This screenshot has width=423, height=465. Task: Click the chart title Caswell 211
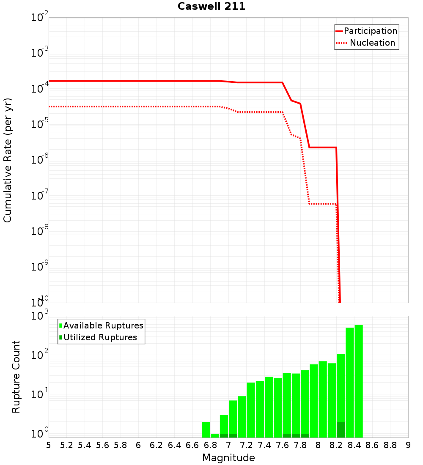click(x=211, y=7)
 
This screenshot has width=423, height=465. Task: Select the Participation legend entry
click(x=370, y=31)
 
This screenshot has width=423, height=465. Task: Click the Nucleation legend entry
click(x=372, y=43)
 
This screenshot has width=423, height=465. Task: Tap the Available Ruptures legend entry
click(x=103, y=325)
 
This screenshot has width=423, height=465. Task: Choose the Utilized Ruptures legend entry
click(x=100, y=337)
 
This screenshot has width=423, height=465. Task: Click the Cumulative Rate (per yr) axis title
click(x=8, y=160)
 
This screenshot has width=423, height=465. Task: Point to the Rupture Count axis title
click(x=16, y=377)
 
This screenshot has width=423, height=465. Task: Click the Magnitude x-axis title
click(x=228, y=458)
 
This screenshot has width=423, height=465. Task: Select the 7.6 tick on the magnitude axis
click(x=282, y=445)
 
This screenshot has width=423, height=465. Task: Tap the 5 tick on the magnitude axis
click(x=49, y=445)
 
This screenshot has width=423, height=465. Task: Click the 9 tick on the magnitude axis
click(x=408, y=445)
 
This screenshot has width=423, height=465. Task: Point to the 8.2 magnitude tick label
click(x=336, y=445)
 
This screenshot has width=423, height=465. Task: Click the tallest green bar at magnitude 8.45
click(x=359, y=380)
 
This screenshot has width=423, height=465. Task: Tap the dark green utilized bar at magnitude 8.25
click(x=341, y=429)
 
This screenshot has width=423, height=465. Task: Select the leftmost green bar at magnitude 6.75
click(x=206, y=429)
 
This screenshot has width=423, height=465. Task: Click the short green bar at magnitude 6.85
click(x=215, y=435)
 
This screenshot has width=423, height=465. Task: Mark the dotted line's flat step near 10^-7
click(x=322, y=204)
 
